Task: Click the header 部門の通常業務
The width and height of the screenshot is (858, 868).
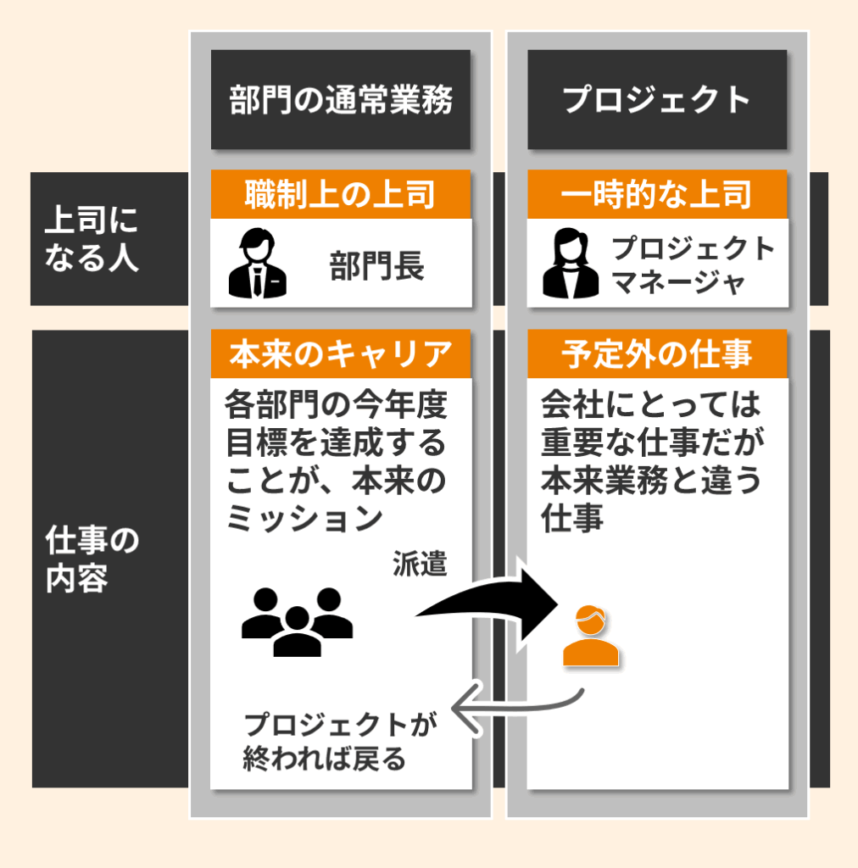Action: click(x=341, y=100)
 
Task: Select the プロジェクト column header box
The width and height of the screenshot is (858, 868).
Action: click(x=657, y=100)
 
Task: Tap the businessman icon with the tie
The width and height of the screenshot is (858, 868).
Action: click(x=256, y=263)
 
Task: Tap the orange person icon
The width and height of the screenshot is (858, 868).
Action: click(x=591, y=636)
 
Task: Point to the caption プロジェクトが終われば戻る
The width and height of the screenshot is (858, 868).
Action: click(x=338, y=741)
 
